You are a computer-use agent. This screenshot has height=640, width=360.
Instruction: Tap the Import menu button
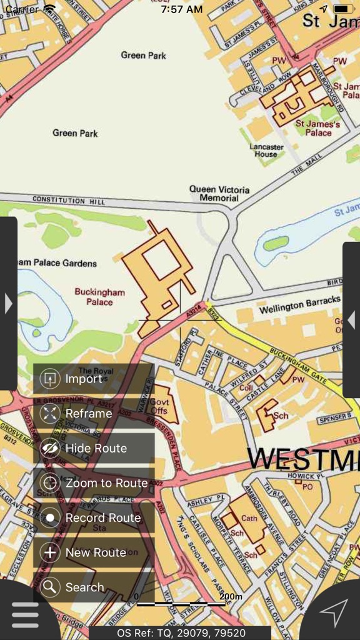(94, 379)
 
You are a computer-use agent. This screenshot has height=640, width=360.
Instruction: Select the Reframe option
(94, 414)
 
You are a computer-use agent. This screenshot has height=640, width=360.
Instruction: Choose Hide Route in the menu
(94, 449)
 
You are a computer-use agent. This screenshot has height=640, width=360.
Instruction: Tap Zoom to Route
(94, 483)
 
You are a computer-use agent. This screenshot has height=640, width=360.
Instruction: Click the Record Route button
(94, 518)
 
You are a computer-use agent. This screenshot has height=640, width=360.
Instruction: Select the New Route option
(94, 552)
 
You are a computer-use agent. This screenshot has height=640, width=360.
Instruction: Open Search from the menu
(94, 587)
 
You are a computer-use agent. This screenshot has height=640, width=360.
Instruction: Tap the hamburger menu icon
(25, 615)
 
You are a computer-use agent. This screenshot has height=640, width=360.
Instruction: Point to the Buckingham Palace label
(100, 297)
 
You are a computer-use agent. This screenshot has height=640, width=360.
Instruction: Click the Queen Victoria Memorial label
(219, 194)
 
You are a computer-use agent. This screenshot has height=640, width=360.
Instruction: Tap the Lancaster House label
(266, 150)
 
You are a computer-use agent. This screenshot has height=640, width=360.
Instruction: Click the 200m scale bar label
(231, 597)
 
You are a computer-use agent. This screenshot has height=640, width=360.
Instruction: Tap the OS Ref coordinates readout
(181, 632)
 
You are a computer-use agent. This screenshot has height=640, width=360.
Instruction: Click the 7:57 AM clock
(181, 9)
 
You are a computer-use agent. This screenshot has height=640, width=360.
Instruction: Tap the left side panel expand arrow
(8, 304)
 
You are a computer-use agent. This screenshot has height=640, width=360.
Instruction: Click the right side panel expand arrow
(351, 320)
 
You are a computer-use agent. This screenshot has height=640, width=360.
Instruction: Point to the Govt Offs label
(159, 406)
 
